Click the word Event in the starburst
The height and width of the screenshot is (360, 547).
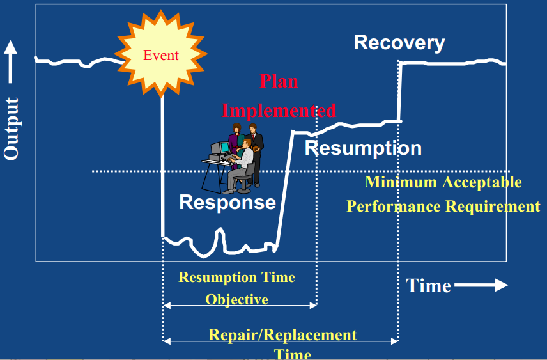pyautogui.click(x=161, y=55)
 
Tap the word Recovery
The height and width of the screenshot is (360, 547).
pyautogui.click(x=399, y=43)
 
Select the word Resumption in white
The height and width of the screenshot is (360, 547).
pyautogui.click(x=363, y=148)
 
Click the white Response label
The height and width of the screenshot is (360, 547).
pyautogui.click(x=227, y=202)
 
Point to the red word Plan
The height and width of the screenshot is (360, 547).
pyautogui.click(x=279, y=81)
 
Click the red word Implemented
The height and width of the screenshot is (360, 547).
pyautogui.click(x=279, y=110)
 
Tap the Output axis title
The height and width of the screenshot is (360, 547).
pyautogui.click(x=12, y=129)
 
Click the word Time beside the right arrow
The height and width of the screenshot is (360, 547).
pyautogui.click(x=429, y=285)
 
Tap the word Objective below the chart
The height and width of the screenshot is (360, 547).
pyautogui.click(x=236, y=299)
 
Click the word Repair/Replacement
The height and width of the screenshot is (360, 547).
pyautogui.click(x=282, y=334)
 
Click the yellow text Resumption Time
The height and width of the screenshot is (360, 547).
pyautogui.click(x=236, y=277)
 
